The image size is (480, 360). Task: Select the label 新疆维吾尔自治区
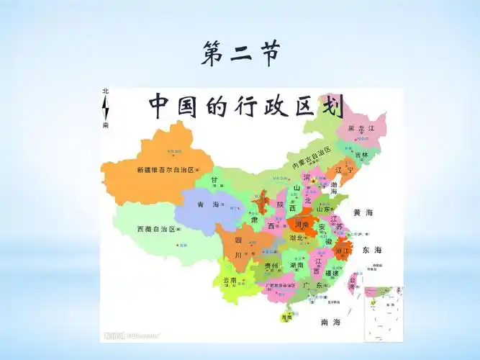pyautogui.click(x=165, y=171)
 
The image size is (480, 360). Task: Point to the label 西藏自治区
pyautogui.click(x=156, y=229)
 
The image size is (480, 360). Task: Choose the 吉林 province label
pyautogui.click(x=361, y=155)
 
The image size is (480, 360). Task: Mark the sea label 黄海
pyautogui.click(x=363, y=213)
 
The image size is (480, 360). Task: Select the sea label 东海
pyautogui.click(x=372, y=250)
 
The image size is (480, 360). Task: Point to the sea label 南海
pyautogui.click(x=330, y=321)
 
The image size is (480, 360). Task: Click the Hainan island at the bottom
pyautogui.click(x=286, y=316)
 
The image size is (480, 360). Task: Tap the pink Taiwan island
pyautogui.click(x=353, y=282)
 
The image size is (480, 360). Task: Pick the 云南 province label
pyautogui.click(x=230, y=280)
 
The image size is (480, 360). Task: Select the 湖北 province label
pyautogui.click(x=296, y=238)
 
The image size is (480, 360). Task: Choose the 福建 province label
pyautogui.click(x=331, y=274)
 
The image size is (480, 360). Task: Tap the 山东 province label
pyautogui.click(x=325, y=209)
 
